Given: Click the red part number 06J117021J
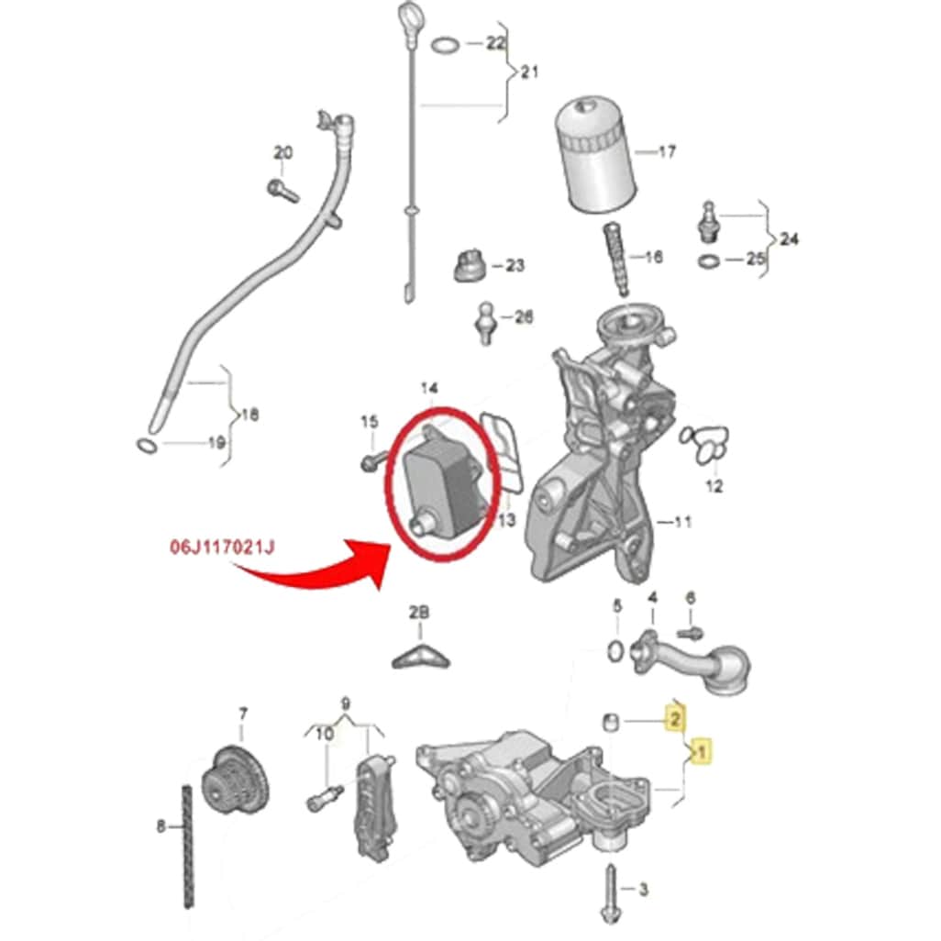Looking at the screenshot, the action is tap(223, 548).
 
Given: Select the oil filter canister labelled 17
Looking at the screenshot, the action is tap(593, 157).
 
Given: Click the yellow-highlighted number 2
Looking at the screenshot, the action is tap(675, 718).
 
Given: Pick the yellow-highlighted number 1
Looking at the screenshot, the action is tap(701, 751).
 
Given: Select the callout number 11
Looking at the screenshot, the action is tap(683, 522).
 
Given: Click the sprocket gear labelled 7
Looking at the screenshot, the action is tap(235, 780).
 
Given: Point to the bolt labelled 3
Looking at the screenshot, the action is tap(610, 894).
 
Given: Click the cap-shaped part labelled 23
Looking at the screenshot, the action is tap(470, 265).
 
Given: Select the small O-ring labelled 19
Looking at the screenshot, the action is tap(147, 446).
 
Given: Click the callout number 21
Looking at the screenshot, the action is tap(528, 72).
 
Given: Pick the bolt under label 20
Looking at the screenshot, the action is tap(283, 191).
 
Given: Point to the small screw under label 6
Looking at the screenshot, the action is tap(690, 632).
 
